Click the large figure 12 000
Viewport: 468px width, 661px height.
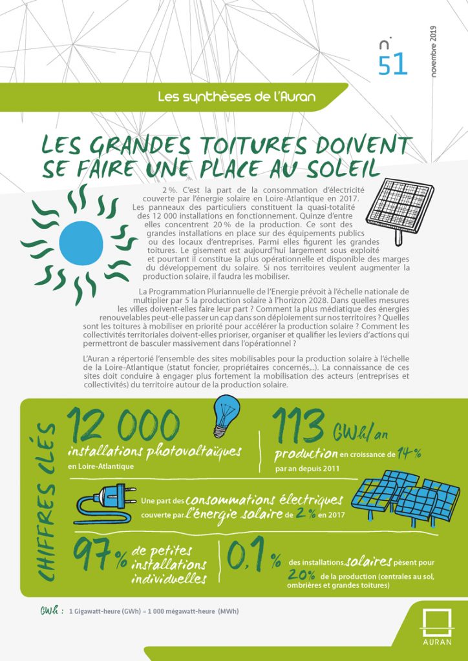122,425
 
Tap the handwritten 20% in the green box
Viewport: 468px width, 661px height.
303,574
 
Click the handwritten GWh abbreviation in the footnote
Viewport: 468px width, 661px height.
51,609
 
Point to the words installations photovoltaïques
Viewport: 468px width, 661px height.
154,451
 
